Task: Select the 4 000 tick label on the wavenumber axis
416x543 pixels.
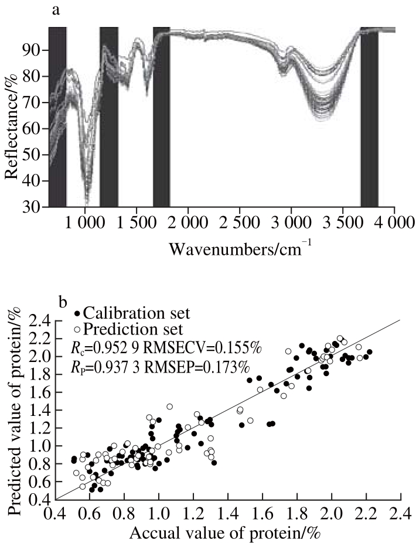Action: [393, 223]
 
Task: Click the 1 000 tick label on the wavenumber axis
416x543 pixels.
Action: [85, 223]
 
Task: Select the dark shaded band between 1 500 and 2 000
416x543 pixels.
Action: [161, 117]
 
